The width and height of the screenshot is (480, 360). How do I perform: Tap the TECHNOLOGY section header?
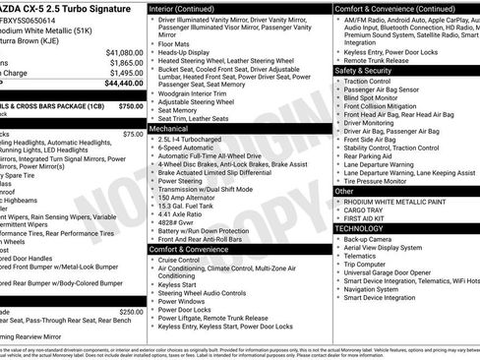pyautogui.click(x=359, y=228)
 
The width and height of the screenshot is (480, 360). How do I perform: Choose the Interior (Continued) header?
pyautogui.click(x=183, y=7)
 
